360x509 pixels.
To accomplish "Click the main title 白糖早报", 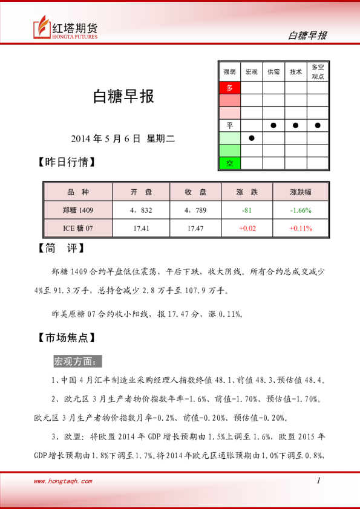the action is tap(123, 96).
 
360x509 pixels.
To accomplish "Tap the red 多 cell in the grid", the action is tap(229, 88).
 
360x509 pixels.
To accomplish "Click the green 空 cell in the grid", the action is tap(229, 163).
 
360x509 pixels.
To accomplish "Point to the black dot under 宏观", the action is tap(252, 138).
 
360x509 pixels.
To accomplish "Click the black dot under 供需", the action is tap(273, 125).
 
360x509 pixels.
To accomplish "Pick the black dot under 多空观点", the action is tap(318, 125).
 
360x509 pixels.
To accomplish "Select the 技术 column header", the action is tap(296, 71).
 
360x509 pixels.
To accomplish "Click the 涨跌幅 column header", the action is tap(301, 192).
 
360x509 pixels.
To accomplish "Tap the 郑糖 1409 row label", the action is tap(78, 210).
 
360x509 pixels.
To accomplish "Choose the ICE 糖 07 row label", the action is tap(78, 228).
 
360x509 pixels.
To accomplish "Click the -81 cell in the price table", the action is tap(246, 210).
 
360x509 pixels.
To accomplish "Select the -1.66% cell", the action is tap(301, 210).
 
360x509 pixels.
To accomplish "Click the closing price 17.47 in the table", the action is tap(195, 228).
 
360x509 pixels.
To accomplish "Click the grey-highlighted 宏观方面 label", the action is tap(78, 361).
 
